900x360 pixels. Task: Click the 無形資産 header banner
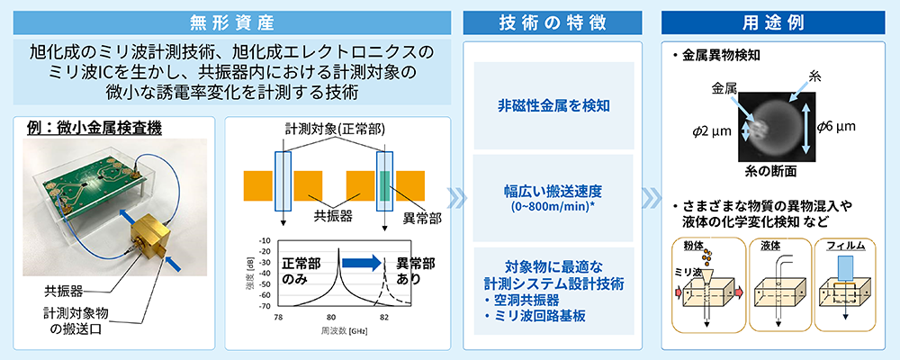coord(232,22)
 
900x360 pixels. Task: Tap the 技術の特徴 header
coord(553,22)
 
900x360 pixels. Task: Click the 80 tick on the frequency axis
coord(330,317)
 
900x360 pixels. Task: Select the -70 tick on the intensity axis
coord(265,307)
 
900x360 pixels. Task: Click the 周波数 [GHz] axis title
coord(344,331)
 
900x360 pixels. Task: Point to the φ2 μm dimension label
coord(711,131)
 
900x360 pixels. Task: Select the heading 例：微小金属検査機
coord(94,128)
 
